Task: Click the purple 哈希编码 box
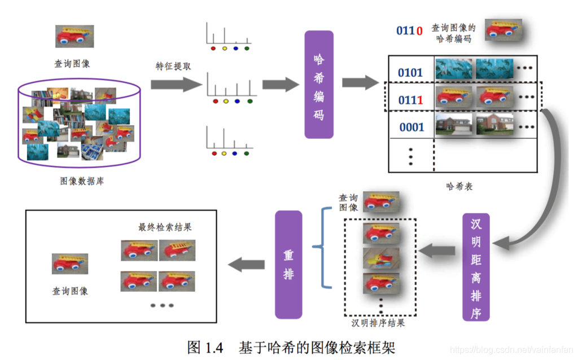(319, 85)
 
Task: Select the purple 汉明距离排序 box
(475, 267)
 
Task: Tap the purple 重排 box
(288, 264)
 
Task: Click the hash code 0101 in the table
(410, 73)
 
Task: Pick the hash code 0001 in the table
(411, 127)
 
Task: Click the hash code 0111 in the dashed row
(410, 100)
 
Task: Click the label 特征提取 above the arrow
(173, 66)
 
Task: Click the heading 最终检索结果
(165, 227)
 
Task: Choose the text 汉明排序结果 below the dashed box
(378, 323)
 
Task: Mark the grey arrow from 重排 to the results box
(246, 264)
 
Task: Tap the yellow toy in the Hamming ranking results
(380, 258)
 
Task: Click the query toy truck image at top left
(75, 36)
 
